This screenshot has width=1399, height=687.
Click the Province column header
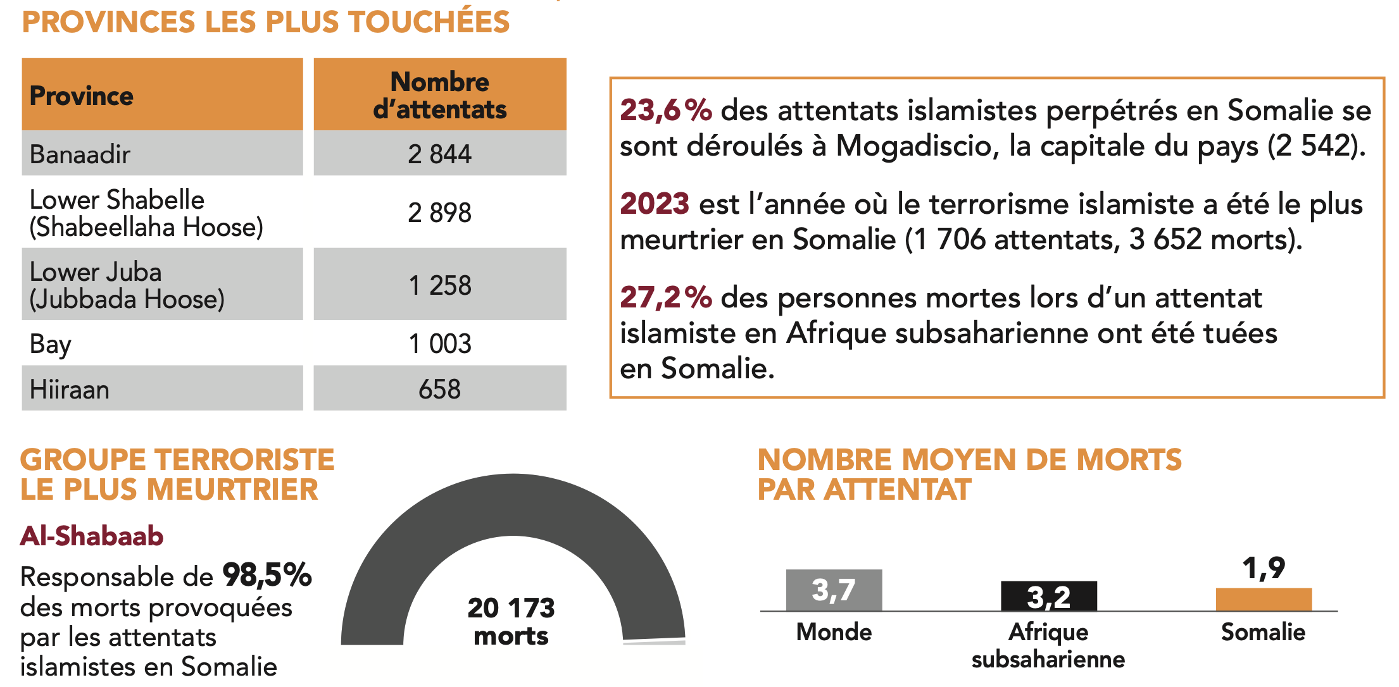(82, 96)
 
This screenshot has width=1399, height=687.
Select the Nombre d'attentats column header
(440, 96)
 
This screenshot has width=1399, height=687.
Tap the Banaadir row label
(80, 154)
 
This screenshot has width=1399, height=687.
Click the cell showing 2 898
(440, 213)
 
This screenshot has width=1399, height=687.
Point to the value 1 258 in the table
(440, 285)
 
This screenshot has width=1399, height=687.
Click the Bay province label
(51, 344)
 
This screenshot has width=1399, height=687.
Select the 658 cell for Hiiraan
(440, 389)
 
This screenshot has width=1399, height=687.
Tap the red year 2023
(655, 204)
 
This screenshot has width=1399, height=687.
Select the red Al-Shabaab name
(92, 536)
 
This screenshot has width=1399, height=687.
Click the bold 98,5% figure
(267, 576)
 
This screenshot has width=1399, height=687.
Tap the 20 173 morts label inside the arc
(511, 621)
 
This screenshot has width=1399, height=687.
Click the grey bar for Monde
(834, 590)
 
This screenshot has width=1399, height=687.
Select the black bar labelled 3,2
(1048, 596)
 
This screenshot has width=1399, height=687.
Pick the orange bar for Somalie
(1264, 599)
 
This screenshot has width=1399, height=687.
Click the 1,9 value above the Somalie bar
(1264, 568)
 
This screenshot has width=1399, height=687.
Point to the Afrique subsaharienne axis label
(1048, 645)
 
